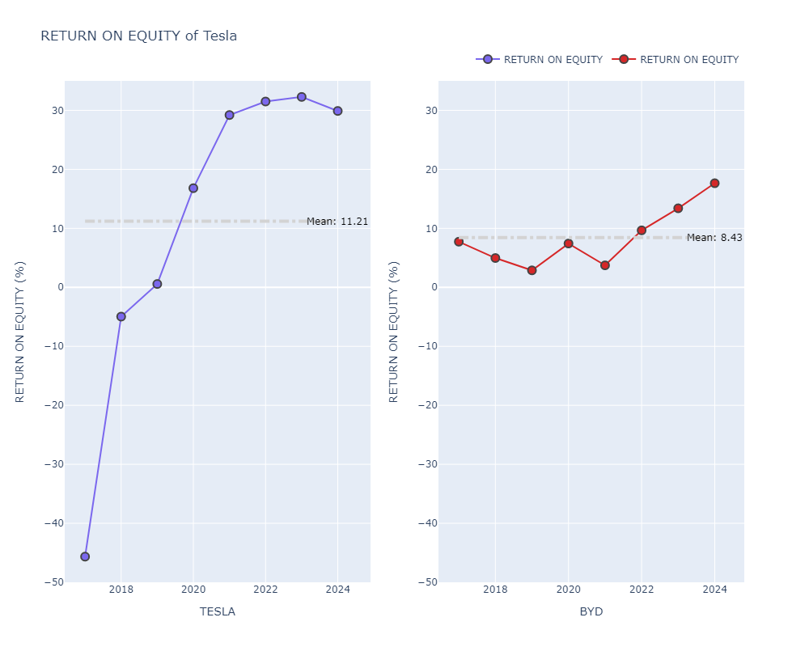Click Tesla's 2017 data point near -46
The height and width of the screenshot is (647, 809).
85,556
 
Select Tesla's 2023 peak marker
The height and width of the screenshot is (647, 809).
302,97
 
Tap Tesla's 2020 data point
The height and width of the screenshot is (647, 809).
193,188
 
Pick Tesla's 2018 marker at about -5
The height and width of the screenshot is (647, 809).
121,317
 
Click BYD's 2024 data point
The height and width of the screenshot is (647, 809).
714,184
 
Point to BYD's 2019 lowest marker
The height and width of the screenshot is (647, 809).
532,270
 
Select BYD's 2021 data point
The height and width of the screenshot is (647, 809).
604,265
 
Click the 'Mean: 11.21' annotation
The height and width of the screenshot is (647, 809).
337,222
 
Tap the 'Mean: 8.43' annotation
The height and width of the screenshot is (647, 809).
714,238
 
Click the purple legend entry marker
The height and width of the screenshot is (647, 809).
487,60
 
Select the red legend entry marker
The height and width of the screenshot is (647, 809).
624,60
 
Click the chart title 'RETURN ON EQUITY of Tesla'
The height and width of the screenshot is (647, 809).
138,36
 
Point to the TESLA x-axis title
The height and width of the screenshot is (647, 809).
218,611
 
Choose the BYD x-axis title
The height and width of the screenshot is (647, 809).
591,611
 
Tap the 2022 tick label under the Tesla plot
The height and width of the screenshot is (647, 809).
265,589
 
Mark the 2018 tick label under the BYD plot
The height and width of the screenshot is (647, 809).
495,589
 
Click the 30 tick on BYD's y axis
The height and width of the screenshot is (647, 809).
426,111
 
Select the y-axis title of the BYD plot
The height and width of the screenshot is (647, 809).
394,332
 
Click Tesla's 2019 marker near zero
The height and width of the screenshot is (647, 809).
157,284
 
